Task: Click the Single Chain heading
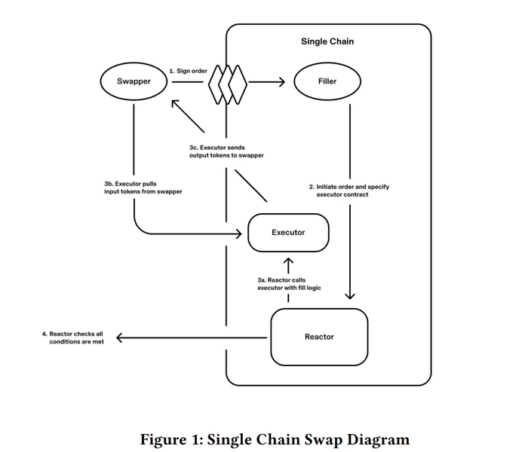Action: (327, 41)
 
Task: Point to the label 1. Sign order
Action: (189, 71)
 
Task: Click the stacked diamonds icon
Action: (228, 84)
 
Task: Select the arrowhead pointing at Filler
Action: (281, 81)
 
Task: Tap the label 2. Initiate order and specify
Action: (349, 187)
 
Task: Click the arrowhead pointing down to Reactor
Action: (350, 295)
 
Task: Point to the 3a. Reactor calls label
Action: (281, 279)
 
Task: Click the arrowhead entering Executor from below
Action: (288, 261)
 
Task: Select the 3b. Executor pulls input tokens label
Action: (143, 188)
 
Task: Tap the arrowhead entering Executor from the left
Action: (239, 234)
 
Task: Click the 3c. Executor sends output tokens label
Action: (226, 151)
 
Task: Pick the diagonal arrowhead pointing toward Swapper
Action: (176, 104)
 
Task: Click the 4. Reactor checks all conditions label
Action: (73, 337)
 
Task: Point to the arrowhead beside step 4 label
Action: (119, 337)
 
